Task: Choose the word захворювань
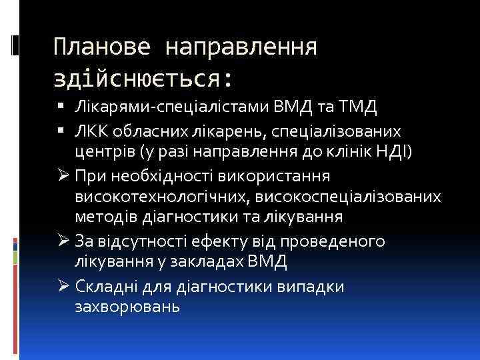128,307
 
